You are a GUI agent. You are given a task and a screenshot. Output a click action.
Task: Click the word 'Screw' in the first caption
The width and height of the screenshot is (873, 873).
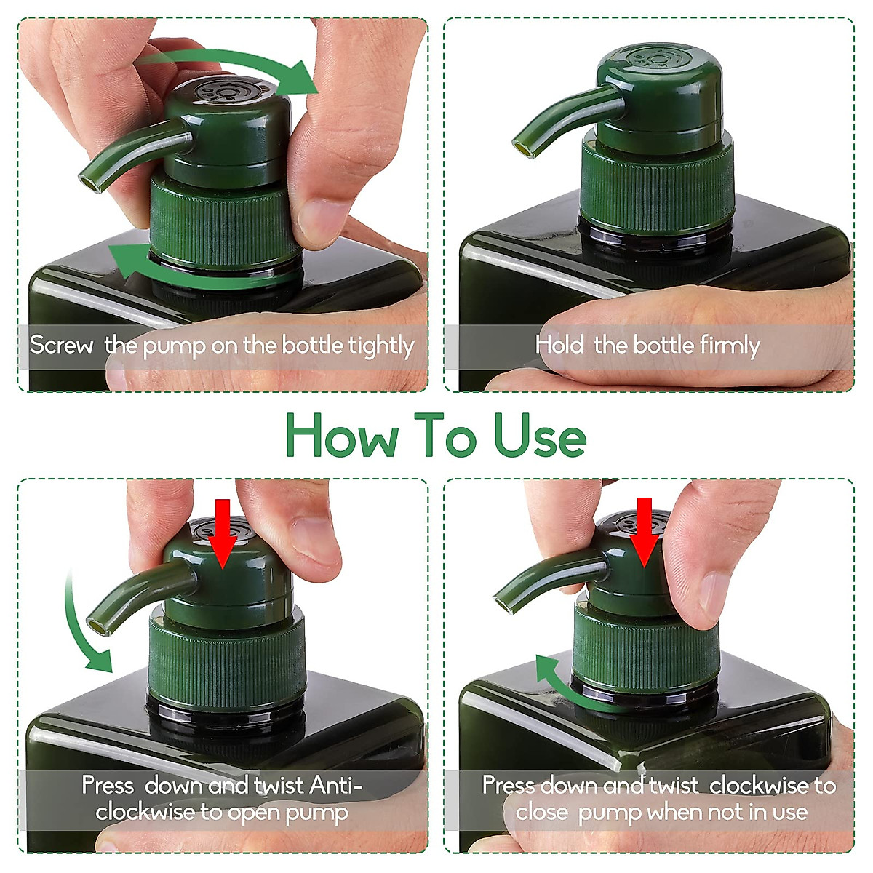62,346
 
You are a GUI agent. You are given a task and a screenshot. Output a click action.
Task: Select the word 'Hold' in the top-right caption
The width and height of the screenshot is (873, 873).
560,345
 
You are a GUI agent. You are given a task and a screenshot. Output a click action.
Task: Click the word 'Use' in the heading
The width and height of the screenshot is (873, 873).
541,435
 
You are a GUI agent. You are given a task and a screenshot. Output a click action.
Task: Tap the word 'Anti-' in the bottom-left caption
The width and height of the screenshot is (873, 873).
335,785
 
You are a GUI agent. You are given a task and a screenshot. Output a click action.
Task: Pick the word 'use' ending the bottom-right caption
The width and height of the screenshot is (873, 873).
790,813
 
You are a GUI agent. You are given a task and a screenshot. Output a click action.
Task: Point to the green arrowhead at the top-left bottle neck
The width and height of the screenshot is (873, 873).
128,260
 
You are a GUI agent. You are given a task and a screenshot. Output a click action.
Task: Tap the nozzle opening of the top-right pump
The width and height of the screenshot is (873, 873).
522,148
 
